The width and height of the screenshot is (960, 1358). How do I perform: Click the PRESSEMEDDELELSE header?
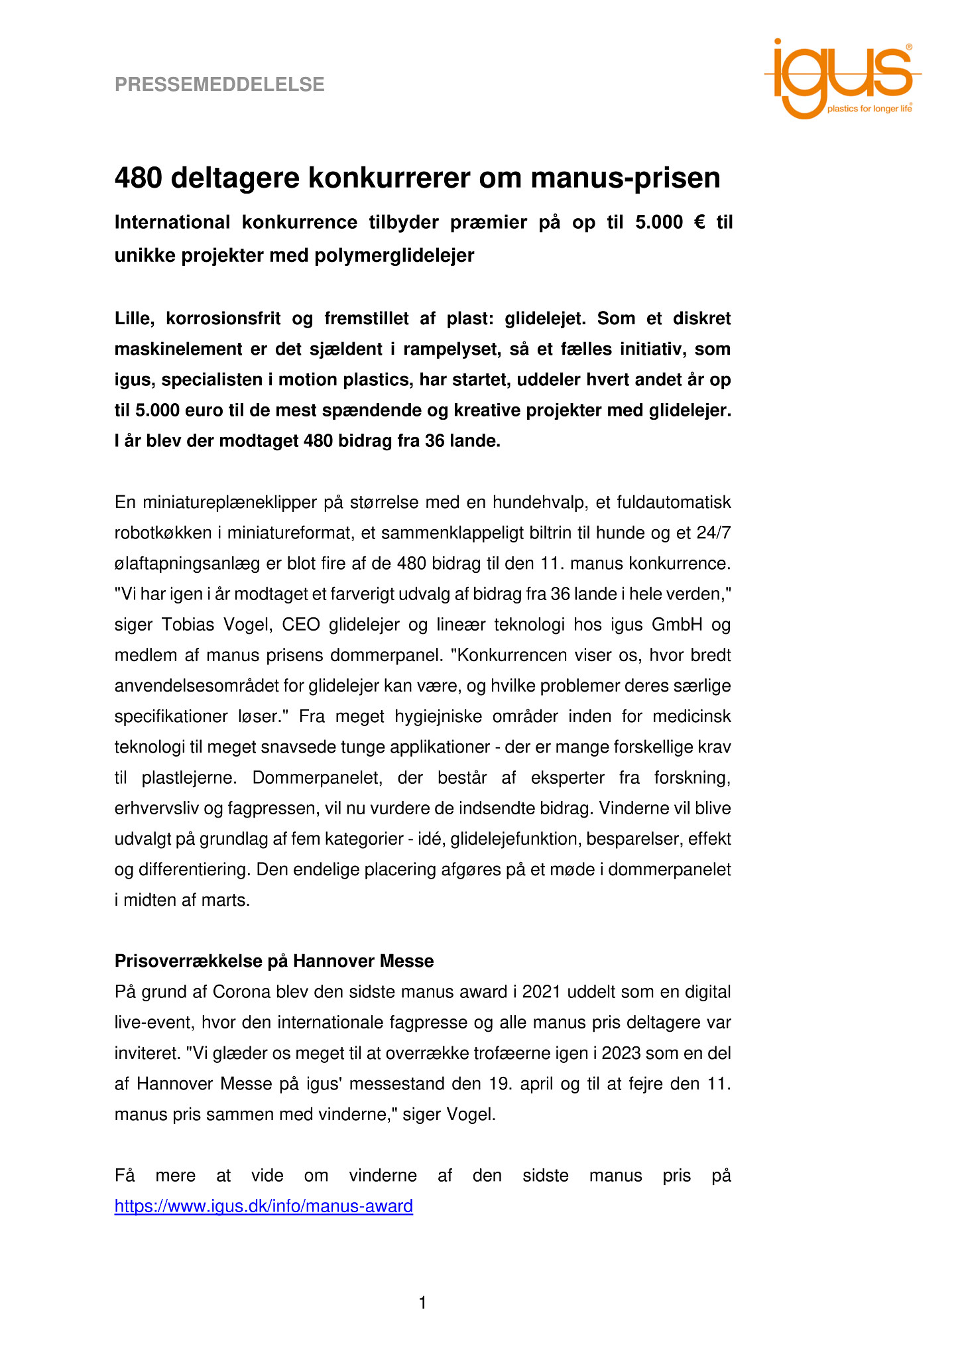[219, 85]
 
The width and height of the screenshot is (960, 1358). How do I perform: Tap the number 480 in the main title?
[139, 178]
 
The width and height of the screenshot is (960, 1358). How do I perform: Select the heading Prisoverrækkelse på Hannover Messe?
[274, 961]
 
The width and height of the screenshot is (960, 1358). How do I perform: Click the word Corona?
[242, 992]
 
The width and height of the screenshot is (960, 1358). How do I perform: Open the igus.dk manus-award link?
[264, 1206]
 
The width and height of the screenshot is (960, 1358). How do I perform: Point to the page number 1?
[423, 1304]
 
